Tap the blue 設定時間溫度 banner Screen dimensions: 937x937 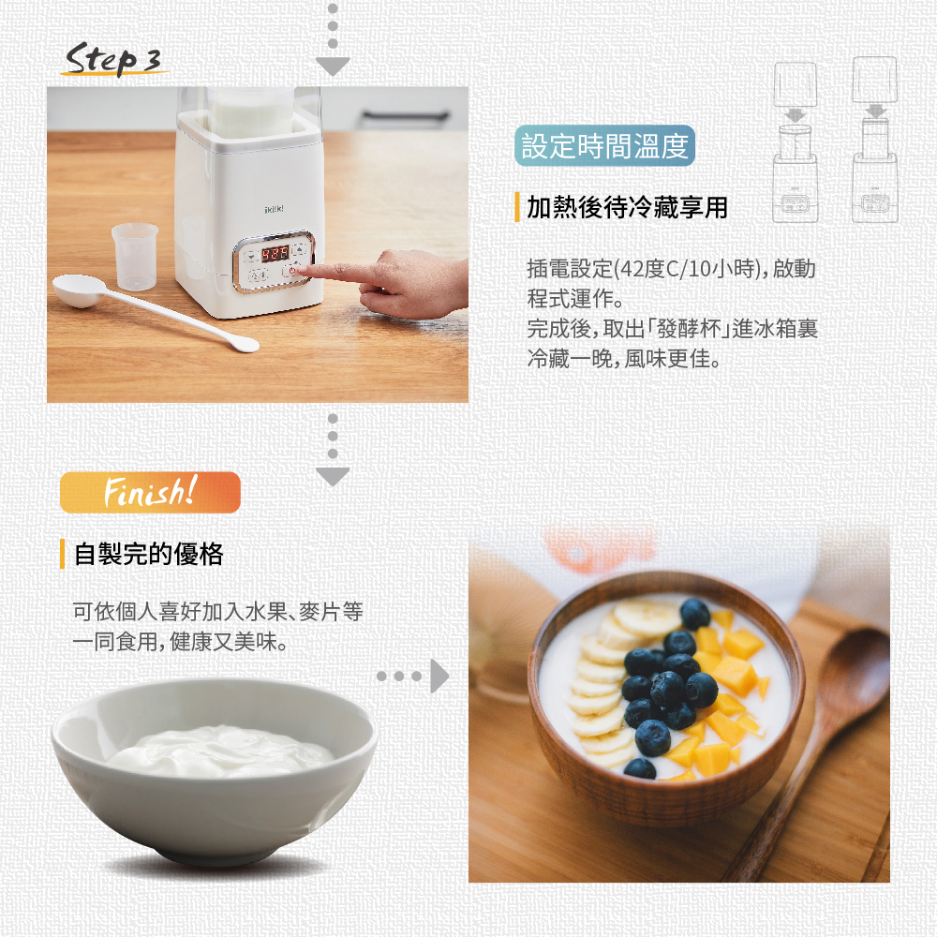604,146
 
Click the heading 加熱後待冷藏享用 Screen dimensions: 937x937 627,207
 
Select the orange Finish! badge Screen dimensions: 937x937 150,492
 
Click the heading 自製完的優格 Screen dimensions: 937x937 148,554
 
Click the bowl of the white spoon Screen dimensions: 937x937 78,290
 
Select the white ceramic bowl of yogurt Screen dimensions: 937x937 214,768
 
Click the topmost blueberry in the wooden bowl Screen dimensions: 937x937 694,614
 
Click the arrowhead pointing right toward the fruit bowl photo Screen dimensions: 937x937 439,676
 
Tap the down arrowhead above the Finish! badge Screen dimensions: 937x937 332,476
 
